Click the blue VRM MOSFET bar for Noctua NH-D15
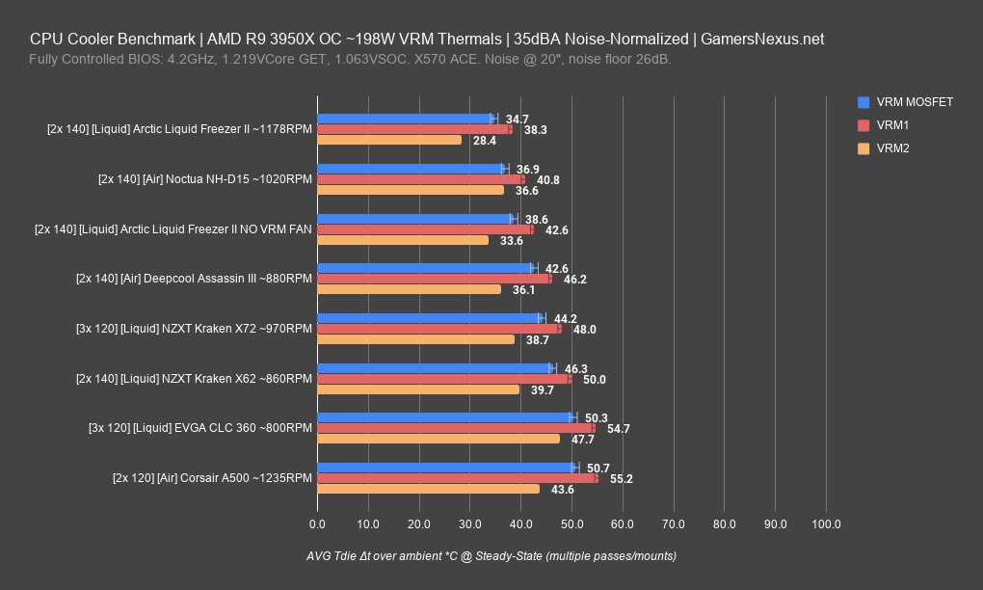pyautogui.click(x=410, y=169)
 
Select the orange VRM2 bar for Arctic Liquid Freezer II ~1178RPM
pyautogui.click(x=389, y=140)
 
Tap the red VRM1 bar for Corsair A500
pyautogui.click(x=457, y=478)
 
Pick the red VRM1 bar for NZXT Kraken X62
pyautogui.click(x=443, y=379)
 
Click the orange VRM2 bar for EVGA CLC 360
pyautogui.click(x=438, y=439)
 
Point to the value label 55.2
pyautogui.click(x=622, y=478)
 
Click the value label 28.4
pyautogui.click(x=485, y=140)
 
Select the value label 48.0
pyautogui.click(x=584, y=329)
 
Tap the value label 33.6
pyautogui.click(x=512, y=240)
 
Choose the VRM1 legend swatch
pyautogui.click(x=863, y=125)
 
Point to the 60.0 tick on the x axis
pyautogui.click(x=623, y=524)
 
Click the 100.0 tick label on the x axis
pyautogui.click(x=826, y=524)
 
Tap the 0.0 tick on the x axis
pyautogui.click(x=317, y=524)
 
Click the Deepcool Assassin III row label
pyautogui.click(x=194, y=279)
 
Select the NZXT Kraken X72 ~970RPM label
pyautogui.click(x=194, y=329)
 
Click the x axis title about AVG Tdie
pyautogui.click(x=491, y=556)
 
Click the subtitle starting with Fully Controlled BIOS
pyautogui.click(x=351, y=60)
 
